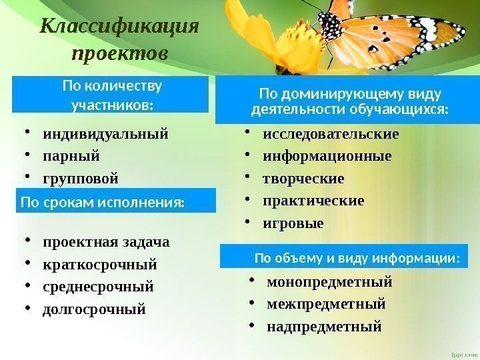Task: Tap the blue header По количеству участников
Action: [x=111, y=95]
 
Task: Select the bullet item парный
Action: [x=71, y=156]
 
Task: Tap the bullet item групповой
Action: [x=81, y=179]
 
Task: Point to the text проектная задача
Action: [x=106, y=241]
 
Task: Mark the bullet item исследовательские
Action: [x=331, y=134]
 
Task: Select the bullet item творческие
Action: [x=303, y=179]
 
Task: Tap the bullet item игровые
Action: [x=293, y=223]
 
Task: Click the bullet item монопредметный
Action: [x=329, y=282]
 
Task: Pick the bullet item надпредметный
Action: [x=324, y=327]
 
